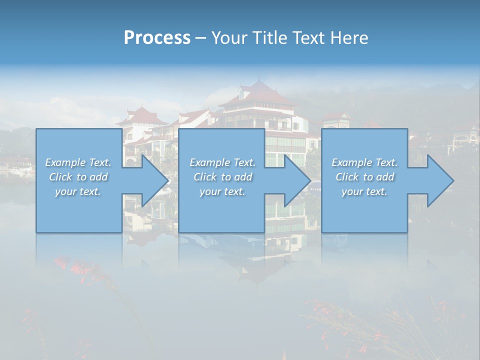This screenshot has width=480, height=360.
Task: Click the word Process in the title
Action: (x=157, y=38)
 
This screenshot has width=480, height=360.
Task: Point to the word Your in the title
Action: (x=229, y=38)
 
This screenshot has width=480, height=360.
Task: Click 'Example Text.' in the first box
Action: (x=78, y=162)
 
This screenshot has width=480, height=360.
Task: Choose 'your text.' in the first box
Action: (x=78, y=191)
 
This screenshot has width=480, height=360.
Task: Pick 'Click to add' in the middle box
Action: (x=222, y=177)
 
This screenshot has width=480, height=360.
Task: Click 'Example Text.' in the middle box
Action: (x=222, y=162)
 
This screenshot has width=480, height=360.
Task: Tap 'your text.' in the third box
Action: (x=364, y=191)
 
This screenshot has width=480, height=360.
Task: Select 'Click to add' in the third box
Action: (x=364, y=177)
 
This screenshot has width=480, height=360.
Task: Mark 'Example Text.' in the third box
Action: (x=364, y=162)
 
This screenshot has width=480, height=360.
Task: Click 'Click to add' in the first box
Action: (x=78, y=177)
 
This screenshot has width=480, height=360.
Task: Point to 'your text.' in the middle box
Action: (x=222, y=191)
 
